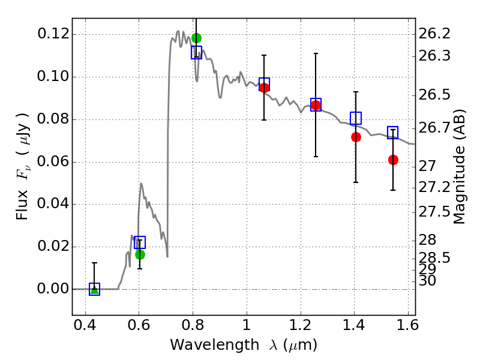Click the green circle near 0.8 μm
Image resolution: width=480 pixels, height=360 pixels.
tap(196, 38)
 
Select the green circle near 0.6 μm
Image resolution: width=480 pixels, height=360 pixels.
tap(140, 254)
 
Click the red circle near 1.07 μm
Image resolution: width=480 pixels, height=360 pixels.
tap(264, 88)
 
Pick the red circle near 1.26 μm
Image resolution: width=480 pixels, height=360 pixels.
tap(316, 106)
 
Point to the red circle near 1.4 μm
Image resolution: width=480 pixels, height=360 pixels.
tap(356, 137)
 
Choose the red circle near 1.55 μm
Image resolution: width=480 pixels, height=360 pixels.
tap(393, 160)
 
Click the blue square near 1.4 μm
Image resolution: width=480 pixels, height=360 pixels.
tap(356, 118)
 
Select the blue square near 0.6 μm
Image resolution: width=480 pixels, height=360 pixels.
tap(140, 242)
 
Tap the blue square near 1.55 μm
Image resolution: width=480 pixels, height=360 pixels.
tap(393, 133)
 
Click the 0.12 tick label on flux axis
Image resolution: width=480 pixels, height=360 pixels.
tap(52, 34)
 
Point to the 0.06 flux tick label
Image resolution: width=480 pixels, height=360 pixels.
tap(52, 162)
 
